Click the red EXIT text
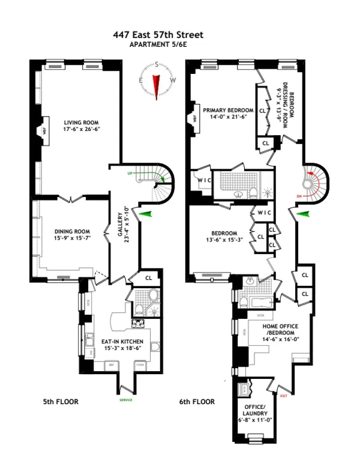click(284, 395)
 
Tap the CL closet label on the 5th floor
click(149, 277)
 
